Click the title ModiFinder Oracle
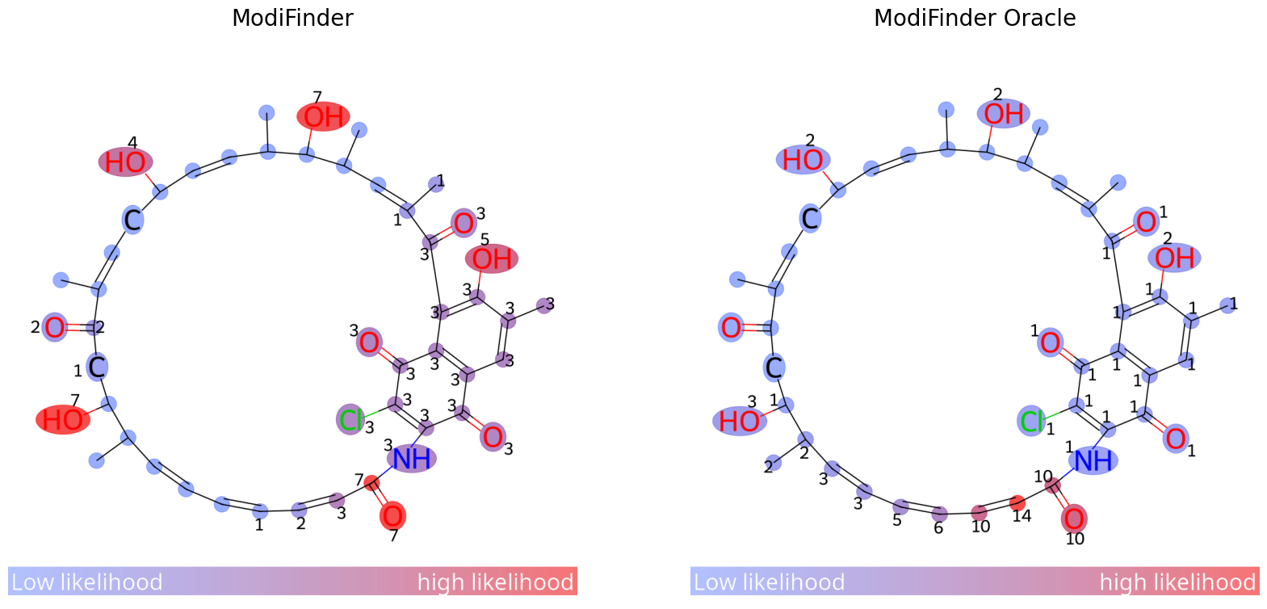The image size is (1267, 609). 974,18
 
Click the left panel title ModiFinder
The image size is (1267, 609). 292,18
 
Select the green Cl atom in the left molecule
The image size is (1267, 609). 350,419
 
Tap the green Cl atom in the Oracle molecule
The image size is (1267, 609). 1032,421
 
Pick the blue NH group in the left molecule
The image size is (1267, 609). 412,459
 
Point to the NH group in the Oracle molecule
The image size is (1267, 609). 1093,460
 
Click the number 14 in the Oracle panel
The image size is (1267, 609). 1022,516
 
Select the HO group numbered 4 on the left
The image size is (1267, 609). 125,162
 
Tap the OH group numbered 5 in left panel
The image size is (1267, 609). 491,258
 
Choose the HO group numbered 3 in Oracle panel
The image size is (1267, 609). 739,421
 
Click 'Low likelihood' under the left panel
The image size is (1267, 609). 87,582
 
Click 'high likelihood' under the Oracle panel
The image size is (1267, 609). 1177,582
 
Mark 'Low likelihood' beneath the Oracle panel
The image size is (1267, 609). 769,582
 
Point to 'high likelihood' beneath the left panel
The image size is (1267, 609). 495,582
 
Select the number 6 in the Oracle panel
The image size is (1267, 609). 938,528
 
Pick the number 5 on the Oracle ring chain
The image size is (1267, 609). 897,521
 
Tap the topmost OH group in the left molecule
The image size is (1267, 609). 323,117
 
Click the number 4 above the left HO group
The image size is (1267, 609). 132,144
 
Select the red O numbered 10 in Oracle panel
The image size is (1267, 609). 1073,519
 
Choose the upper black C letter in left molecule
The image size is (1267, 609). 132,220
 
